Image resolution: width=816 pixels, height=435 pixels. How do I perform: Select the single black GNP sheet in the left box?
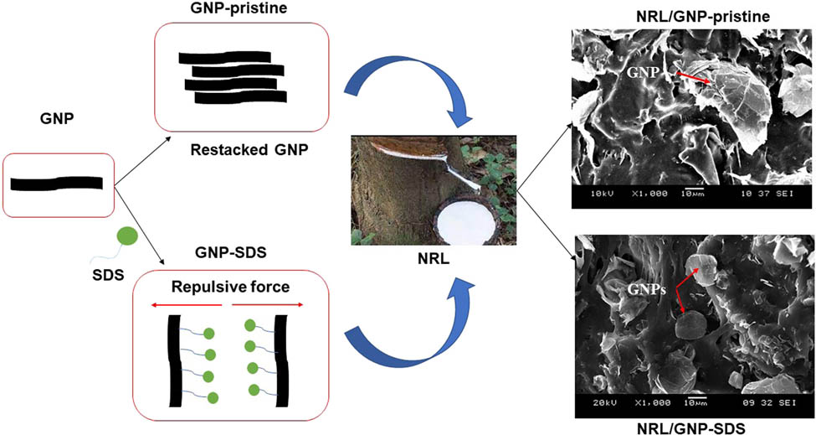(x=58, y=182)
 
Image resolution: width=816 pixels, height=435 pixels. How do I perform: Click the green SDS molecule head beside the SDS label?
(x=127, y=235)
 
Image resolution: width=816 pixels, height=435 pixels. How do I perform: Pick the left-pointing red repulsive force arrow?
(x=185, y=307)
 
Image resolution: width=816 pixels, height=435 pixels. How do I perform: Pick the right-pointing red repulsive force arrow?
(x=267, y=307)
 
